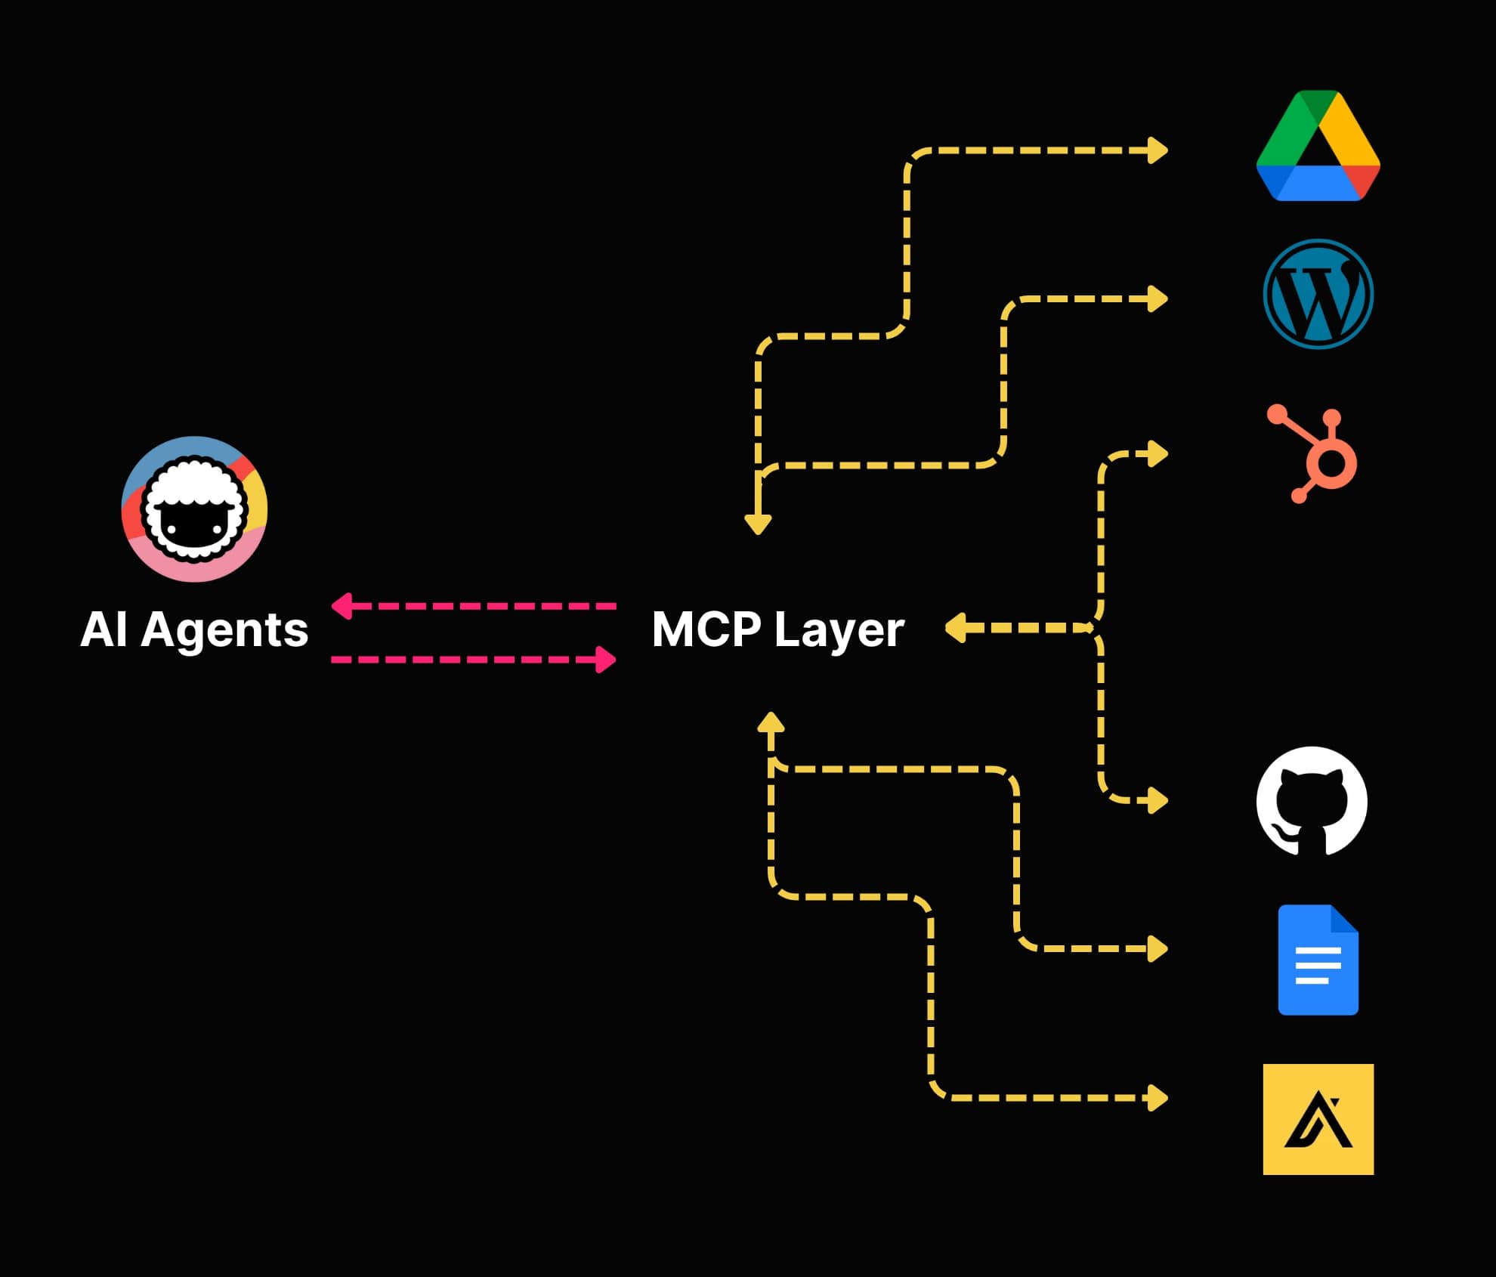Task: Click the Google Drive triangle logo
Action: point(1318,147)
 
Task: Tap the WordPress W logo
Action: point(1318,294)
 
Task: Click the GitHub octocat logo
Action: point(1312,802)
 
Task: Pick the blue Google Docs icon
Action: point(1318,960)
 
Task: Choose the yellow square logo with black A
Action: point(1318,1119)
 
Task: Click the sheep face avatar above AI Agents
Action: point(195,509)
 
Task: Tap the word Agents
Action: point(224,630)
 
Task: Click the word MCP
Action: point(706,629)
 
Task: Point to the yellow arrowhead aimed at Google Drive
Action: point(1157,150)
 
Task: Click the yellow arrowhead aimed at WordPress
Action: point(1157,299)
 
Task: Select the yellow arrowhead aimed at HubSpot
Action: point(1157,454)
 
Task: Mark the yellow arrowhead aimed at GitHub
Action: point(1157,800)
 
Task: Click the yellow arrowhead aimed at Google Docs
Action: point(1157,948)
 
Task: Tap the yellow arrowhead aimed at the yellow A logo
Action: point(1157,1098)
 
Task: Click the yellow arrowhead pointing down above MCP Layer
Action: point(758,524)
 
